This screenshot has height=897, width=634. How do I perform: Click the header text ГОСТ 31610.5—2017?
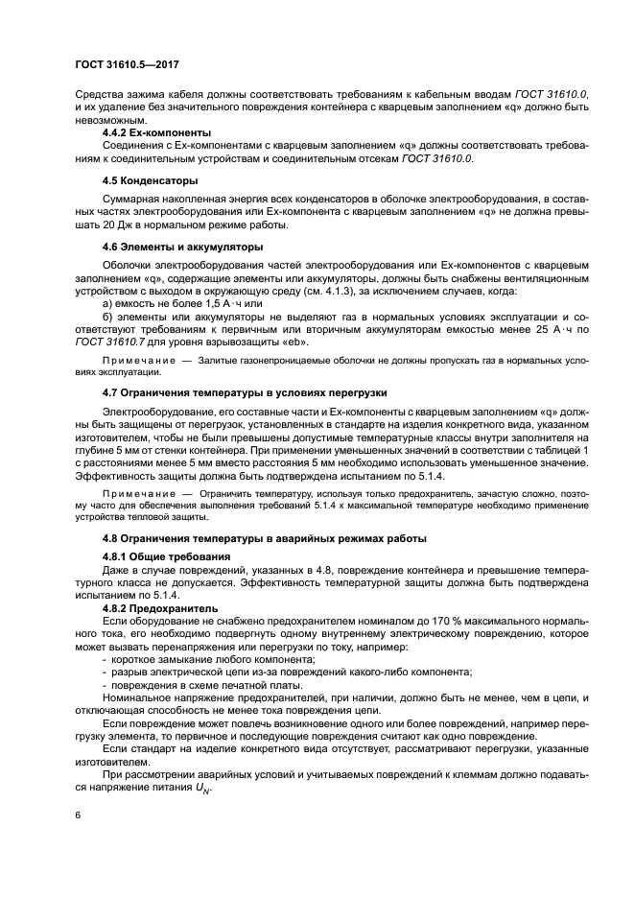(128, 64)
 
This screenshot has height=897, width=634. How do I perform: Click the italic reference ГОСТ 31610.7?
(110, 341)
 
